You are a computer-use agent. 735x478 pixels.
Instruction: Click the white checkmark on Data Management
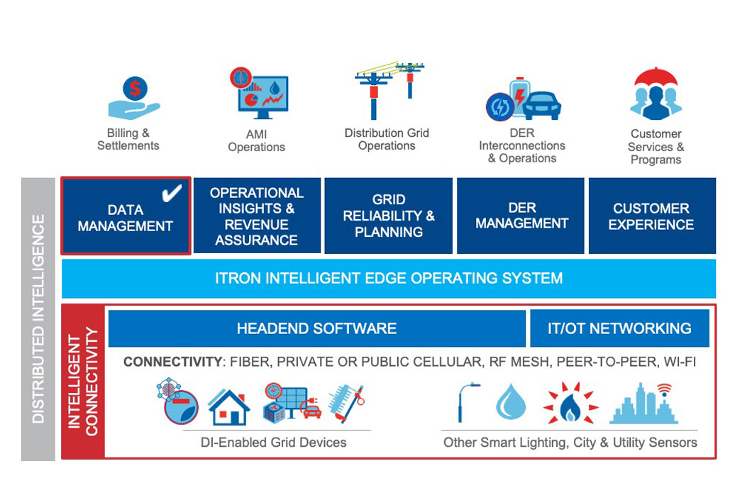tap(172, 193)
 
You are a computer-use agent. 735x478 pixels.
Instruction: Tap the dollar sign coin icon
tap(135, 89)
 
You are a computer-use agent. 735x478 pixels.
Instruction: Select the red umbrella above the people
tap(656, 77)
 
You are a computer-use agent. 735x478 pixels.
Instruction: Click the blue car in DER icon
tap(542, 105)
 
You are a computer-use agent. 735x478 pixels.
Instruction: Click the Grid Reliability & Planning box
tap(389, 216)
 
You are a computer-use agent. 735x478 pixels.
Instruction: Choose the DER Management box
tap(521, 216)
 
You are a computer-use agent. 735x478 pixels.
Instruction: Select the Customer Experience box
tap(652, 216)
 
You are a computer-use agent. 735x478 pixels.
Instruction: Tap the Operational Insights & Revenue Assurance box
tap(257, 216)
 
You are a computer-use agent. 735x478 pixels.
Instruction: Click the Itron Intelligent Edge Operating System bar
tap(389, 279)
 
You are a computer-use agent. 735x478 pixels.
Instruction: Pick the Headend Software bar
tap(317, 328)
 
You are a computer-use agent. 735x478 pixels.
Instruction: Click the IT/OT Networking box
tap(619, 328)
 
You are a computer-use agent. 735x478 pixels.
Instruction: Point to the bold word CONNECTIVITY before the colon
tap(172, 362)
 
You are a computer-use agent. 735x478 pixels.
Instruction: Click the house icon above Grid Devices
tap(228, 407)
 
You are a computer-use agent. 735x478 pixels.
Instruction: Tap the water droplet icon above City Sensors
tap(511, 401)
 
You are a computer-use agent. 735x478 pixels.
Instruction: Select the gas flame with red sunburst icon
tap(570, 403)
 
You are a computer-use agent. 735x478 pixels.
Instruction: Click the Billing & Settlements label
tap(128, 139)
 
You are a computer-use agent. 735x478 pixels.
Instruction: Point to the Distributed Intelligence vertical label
tap(38, 318)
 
